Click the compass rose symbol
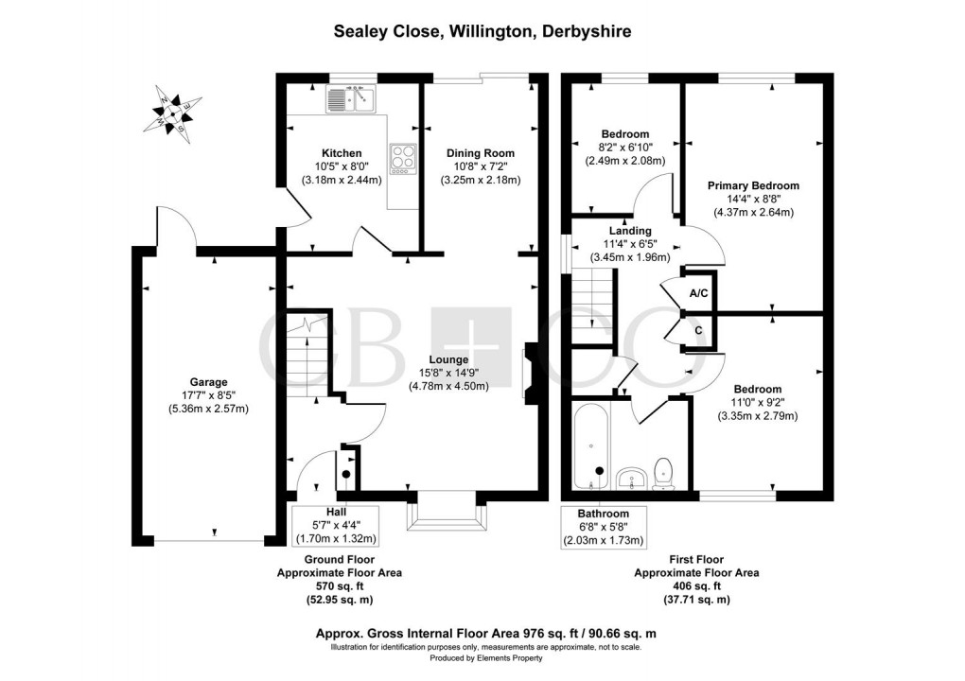click(173, 111)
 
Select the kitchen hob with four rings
click(401, 158)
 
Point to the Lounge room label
click(447, 359)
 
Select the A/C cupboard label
click(699, 293)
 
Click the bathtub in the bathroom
click(592, 443)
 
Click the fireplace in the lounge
click(528, 373)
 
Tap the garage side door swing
click(175, 227)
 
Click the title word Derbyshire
click(585, 31)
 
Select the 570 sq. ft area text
click(339, 586)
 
